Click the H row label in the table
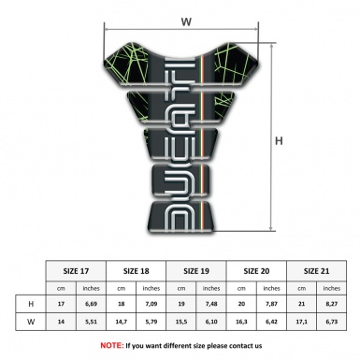(33, 305)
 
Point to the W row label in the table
(33, 323)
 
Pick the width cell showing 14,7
(122, 323)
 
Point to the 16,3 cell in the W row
(241, 323)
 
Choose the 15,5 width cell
(181, 323)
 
